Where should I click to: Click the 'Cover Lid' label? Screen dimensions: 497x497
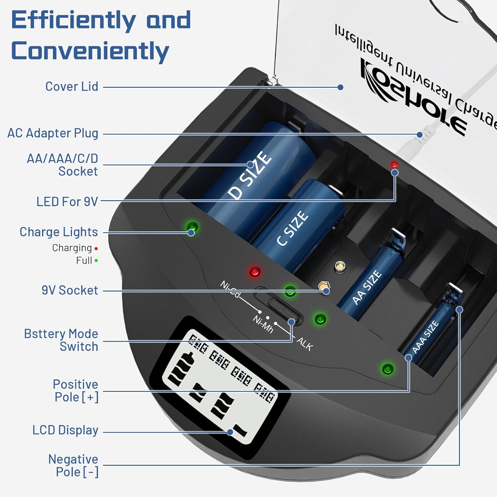(72, 86)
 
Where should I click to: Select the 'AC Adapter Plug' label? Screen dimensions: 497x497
(53, 133)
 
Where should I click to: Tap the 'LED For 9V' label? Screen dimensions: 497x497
(67, 201)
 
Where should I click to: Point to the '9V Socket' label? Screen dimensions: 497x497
(70, 290)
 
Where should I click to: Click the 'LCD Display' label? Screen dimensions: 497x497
(65, 430)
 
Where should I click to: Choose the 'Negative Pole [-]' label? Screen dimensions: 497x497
(73, 466)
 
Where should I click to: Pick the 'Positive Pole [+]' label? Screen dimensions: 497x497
(76, 391)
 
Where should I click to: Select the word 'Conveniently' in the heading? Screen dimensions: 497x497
(90, 51)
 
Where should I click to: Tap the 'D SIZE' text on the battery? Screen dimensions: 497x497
(249, 175)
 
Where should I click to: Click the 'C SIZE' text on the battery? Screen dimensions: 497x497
(292, 229)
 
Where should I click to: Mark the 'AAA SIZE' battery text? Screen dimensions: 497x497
(425, 337)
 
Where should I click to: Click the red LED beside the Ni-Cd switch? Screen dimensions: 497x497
(254, 272)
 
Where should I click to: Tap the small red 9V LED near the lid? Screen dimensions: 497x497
(394, 164)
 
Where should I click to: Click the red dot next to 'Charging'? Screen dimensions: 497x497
(96, 248)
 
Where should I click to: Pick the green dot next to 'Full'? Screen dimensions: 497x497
(96, 261)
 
